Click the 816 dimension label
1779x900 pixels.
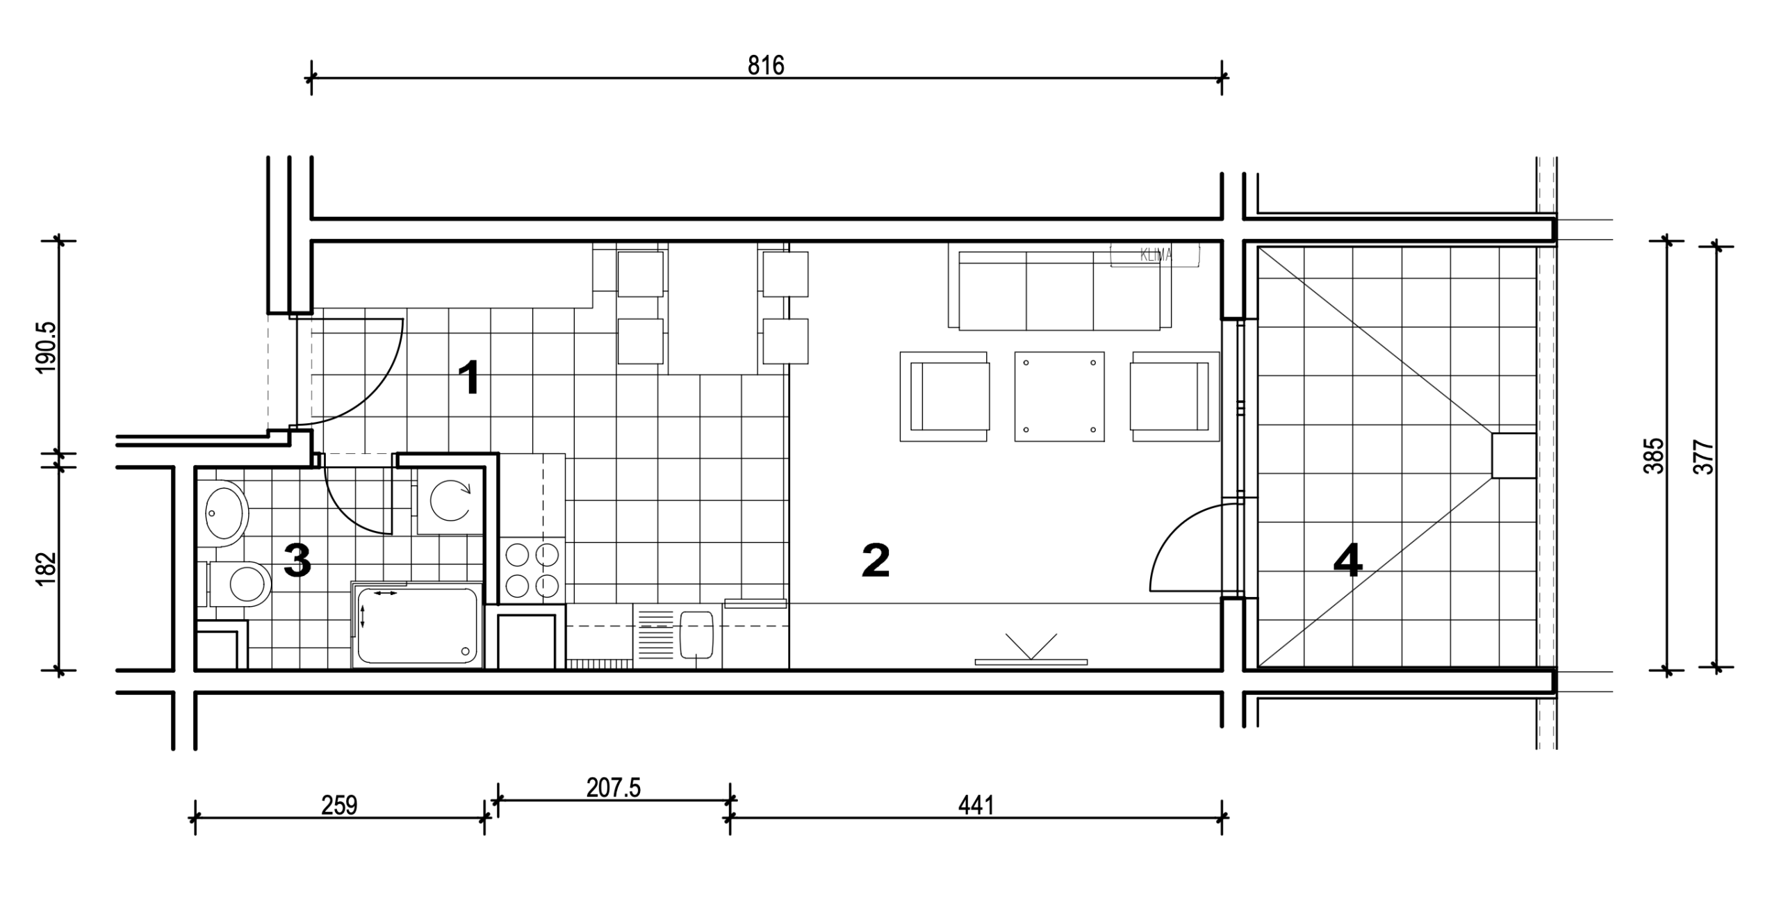coord(766,65)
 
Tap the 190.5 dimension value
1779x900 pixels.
coord(48,347)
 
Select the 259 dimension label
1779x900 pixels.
coord(339,805)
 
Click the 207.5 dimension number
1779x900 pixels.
coord(613,788)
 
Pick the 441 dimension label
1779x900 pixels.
coord(976,805)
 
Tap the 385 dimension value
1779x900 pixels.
coord(1657,455)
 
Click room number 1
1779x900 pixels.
coord(470,379)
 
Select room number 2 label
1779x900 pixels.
coord(875,562)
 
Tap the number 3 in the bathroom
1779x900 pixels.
coord(297,562)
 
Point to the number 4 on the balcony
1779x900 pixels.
coord(1347,562)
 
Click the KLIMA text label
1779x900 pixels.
coord(1156,255)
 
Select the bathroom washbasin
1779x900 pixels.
coord(227,513)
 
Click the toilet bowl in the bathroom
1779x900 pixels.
coord(240,582)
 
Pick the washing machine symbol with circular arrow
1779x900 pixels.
coord(450,500)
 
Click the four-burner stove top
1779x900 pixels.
coord(532,570)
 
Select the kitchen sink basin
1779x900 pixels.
coord(697,634)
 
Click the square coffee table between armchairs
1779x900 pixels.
coord(1059,396)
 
